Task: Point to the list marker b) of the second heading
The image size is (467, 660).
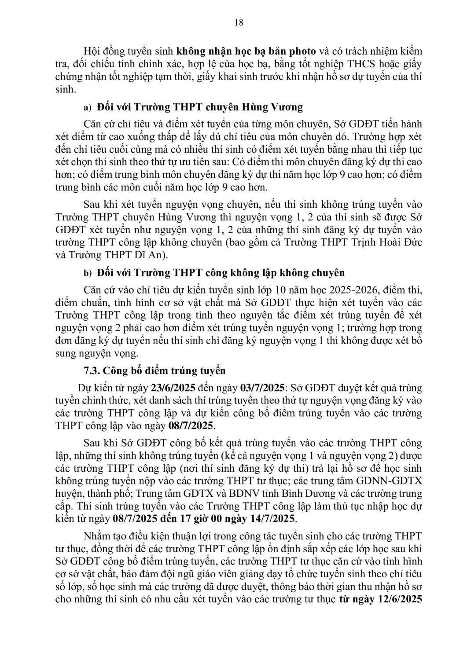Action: click(x=87, y=274)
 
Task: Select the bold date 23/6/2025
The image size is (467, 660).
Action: click(x=169, y=388)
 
